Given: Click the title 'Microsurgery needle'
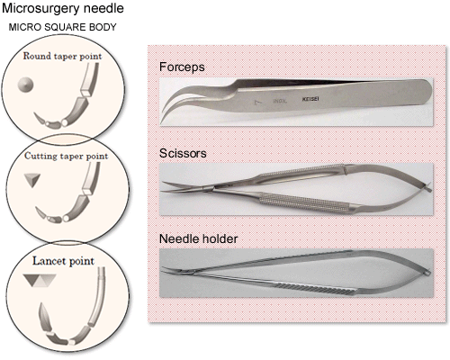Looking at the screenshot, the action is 63,8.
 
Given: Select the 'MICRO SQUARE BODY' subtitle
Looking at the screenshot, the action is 62,27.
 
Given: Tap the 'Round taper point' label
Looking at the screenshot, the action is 62,56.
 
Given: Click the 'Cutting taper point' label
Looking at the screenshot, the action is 66,156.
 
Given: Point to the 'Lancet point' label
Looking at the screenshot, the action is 63,261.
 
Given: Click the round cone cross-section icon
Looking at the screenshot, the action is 25,85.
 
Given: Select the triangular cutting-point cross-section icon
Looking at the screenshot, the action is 32,180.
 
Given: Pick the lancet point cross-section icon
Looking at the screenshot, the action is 40,280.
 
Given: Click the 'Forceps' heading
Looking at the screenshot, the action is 182,67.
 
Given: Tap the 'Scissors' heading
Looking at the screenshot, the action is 183,153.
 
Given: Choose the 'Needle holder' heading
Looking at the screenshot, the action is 198,238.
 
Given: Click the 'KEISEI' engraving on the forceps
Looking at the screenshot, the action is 310,99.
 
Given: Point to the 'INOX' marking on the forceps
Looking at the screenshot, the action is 280,101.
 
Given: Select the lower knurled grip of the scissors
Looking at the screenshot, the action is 304,201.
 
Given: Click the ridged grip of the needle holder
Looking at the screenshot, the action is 317,288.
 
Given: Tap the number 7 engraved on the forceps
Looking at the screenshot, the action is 256,103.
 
